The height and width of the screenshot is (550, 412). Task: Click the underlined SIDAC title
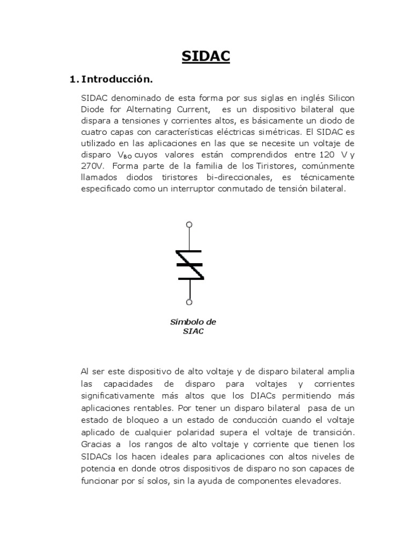(x=206, y=56)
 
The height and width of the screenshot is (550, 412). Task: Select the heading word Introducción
(x=116, y=79)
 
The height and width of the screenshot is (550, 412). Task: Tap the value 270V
(x=93, y=166)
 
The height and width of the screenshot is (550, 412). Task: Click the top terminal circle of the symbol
(x=189, y=225)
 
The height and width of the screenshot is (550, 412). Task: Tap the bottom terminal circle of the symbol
(x=189, y=302)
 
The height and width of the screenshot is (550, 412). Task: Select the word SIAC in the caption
(x=193, y=331)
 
